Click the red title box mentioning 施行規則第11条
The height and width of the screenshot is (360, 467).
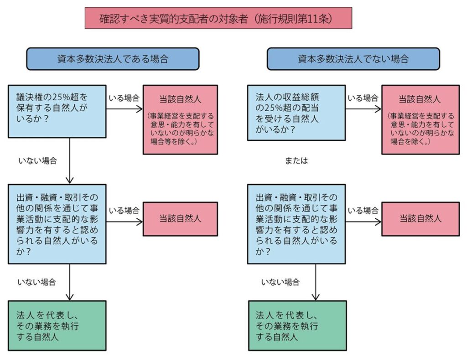tap(218, 18)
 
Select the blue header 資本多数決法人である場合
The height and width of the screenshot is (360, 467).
tap(113, 59)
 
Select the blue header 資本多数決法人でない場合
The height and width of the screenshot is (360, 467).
tap(353, 59)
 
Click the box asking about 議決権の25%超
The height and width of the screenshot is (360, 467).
tap(57, 110)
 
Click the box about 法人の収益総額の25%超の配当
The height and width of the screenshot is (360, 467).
tap(296, 113)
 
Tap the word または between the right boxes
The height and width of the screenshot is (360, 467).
tap(296, 161)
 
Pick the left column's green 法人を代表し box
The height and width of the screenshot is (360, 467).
tap(57, 325)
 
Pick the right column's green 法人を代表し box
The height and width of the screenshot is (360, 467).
tap(296, 325)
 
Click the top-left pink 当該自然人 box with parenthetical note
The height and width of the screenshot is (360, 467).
tap(180, 119)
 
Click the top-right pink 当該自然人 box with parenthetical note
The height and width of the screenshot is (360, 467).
tap(420, 119)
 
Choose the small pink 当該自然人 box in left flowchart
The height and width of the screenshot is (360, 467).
tap(180, 219)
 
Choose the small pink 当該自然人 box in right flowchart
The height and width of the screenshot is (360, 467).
tap(420, 219)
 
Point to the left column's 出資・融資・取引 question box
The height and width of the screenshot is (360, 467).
tap(57, 224)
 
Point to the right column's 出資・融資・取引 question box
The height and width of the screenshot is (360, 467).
tap(296, 224)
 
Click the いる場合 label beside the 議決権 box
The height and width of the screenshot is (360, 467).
tap(123, 98)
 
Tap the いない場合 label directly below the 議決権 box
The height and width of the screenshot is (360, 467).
tap(37, 160)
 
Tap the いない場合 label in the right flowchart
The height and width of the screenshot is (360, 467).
tap(280, 282)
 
